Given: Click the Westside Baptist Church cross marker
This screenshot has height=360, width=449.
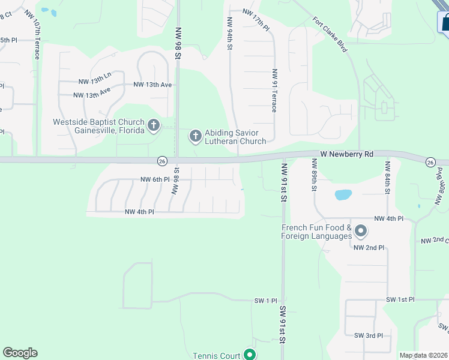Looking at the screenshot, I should click(154, 125).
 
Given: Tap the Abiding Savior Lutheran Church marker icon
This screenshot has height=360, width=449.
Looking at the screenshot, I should click(195, 136).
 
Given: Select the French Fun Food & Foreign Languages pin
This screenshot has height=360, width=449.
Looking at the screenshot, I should click(361, 230).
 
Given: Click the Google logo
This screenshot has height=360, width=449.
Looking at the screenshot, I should click(20, 353).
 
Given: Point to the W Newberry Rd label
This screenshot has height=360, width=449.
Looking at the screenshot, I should click(346, 154).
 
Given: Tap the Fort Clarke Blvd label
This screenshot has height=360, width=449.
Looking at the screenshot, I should click(330, 34).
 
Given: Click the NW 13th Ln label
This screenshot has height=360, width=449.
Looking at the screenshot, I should click(95, 82).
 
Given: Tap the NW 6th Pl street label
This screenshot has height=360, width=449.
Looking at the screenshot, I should click(155, 179).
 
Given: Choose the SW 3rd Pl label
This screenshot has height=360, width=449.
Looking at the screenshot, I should click(369, 335).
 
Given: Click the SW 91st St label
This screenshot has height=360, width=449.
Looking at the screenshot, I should click(283, 325).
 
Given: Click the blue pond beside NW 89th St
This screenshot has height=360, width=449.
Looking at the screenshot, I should click(343, 194).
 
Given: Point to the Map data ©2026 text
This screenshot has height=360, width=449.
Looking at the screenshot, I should click(423, 355).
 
